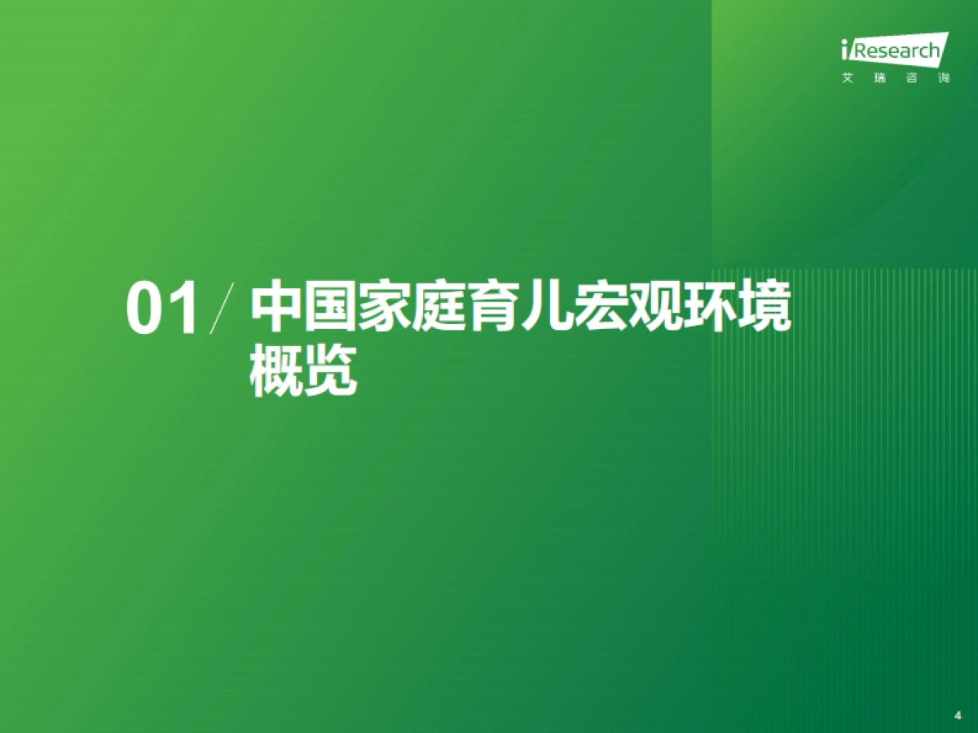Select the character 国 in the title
pos(331,307)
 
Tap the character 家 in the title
pos(385,307)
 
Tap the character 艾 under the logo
pos(848,80)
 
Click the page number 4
pos(957,714)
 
